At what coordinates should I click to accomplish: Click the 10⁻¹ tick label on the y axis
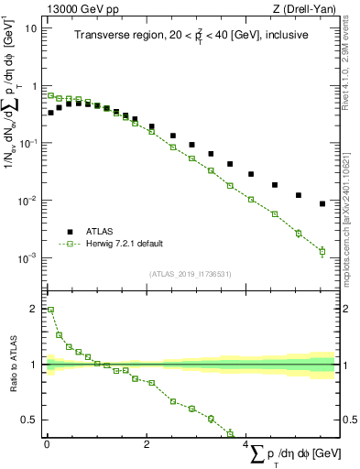pos(28,143)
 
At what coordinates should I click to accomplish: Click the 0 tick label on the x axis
pos(47,444)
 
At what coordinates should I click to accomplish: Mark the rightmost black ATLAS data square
pos(322,203)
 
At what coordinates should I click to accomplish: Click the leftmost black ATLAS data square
pos(51,113)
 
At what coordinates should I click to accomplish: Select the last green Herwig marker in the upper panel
pos(322,251)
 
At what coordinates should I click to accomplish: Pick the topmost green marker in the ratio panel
pos(51,310)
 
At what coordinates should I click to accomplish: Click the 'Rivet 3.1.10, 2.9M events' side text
pos(352,64)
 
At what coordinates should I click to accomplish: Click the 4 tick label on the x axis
pos(246,444)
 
